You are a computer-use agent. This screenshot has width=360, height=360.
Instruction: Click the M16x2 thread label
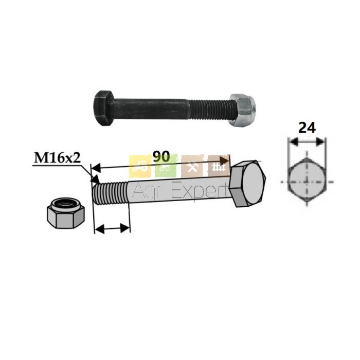(x=58, y=158)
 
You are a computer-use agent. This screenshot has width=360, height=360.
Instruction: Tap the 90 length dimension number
(x=161, y=156)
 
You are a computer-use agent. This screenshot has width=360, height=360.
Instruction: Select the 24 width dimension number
(x=307, y=128)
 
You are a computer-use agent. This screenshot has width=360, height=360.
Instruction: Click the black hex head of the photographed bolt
(x=103, y=108)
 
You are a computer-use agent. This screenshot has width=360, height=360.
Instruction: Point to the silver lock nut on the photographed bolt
(x=242, y=110)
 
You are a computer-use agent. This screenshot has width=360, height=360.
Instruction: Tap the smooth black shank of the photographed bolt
(x=151, y=109)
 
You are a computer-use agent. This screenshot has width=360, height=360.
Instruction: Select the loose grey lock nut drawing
(x=66, y=213)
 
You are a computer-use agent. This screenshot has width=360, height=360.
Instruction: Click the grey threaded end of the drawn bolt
(x=110, y=192)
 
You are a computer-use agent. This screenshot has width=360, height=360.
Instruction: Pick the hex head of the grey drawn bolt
(x=247, y=184)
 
